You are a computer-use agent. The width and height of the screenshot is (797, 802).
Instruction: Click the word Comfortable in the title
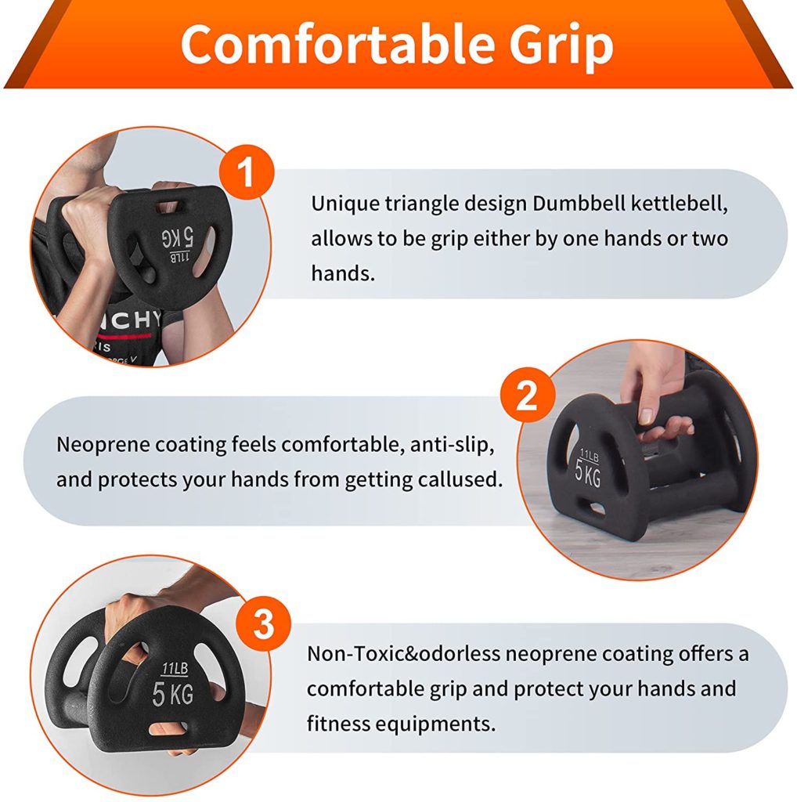[338, 44]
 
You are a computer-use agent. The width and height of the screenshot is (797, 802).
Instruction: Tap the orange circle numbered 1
[247, 172]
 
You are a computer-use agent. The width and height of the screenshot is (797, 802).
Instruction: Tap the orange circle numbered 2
[528, 395]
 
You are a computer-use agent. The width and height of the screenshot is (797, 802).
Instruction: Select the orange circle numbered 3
[263, 623]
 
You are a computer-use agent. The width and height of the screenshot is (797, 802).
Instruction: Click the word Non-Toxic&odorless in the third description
[403, 654]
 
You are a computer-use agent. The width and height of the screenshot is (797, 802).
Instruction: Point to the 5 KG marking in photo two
[588, 474]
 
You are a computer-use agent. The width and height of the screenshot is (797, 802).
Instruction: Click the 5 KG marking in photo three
[173, 694]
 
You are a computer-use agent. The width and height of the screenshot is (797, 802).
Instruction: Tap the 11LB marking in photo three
[175, 668]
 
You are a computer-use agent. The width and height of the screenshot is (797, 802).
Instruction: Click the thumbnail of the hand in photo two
[646, 416]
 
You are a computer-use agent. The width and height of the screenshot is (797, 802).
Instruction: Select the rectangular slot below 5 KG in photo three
[168, 728]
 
